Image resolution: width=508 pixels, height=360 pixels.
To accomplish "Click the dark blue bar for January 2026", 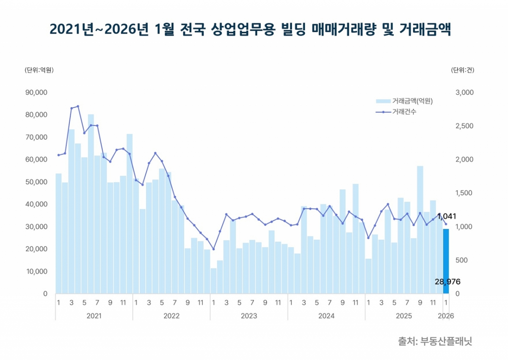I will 446,261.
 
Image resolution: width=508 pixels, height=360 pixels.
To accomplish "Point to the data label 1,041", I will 447,216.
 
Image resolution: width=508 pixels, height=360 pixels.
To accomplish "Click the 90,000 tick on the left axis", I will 36,92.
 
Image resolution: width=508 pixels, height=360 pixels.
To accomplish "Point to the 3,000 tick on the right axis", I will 464,92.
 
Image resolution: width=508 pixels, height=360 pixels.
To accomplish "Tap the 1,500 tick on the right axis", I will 464,193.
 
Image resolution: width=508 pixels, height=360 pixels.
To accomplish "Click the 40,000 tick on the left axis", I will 36,204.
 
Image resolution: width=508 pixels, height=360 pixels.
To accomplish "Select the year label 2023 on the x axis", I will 249,316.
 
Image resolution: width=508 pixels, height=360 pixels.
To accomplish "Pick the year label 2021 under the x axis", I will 94,316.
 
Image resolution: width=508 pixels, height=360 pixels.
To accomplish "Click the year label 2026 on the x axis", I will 446,316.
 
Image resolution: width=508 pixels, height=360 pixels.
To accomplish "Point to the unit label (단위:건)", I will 463,70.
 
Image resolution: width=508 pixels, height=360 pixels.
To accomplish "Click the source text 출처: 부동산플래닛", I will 435,341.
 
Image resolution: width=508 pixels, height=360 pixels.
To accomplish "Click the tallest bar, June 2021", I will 91,203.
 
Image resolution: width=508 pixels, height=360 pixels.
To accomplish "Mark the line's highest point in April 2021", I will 78,106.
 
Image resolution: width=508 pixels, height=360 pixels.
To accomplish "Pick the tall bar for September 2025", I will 420,229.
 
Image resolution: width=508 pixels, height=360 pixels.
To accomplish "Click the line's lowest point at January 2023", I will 213,249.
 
